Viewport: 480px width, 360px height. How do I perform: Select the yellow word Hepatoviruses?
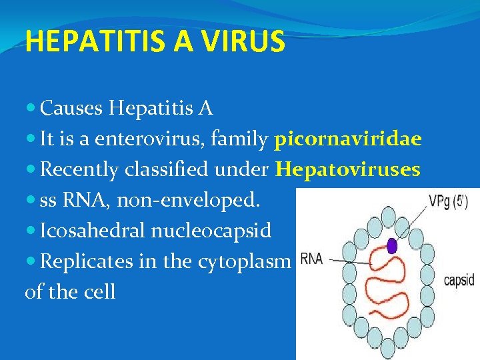348,170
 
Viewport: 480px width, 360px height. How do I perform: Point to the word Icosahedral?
91,231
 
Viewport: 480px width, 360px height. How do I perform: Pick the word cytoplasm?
245,261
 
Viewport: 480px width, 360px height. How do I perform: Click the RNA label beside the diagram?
312,260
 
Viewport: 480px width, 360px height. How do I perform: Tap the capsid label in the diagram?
460,280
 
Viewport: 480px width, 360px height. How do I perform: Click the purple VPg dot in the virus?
391,247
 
